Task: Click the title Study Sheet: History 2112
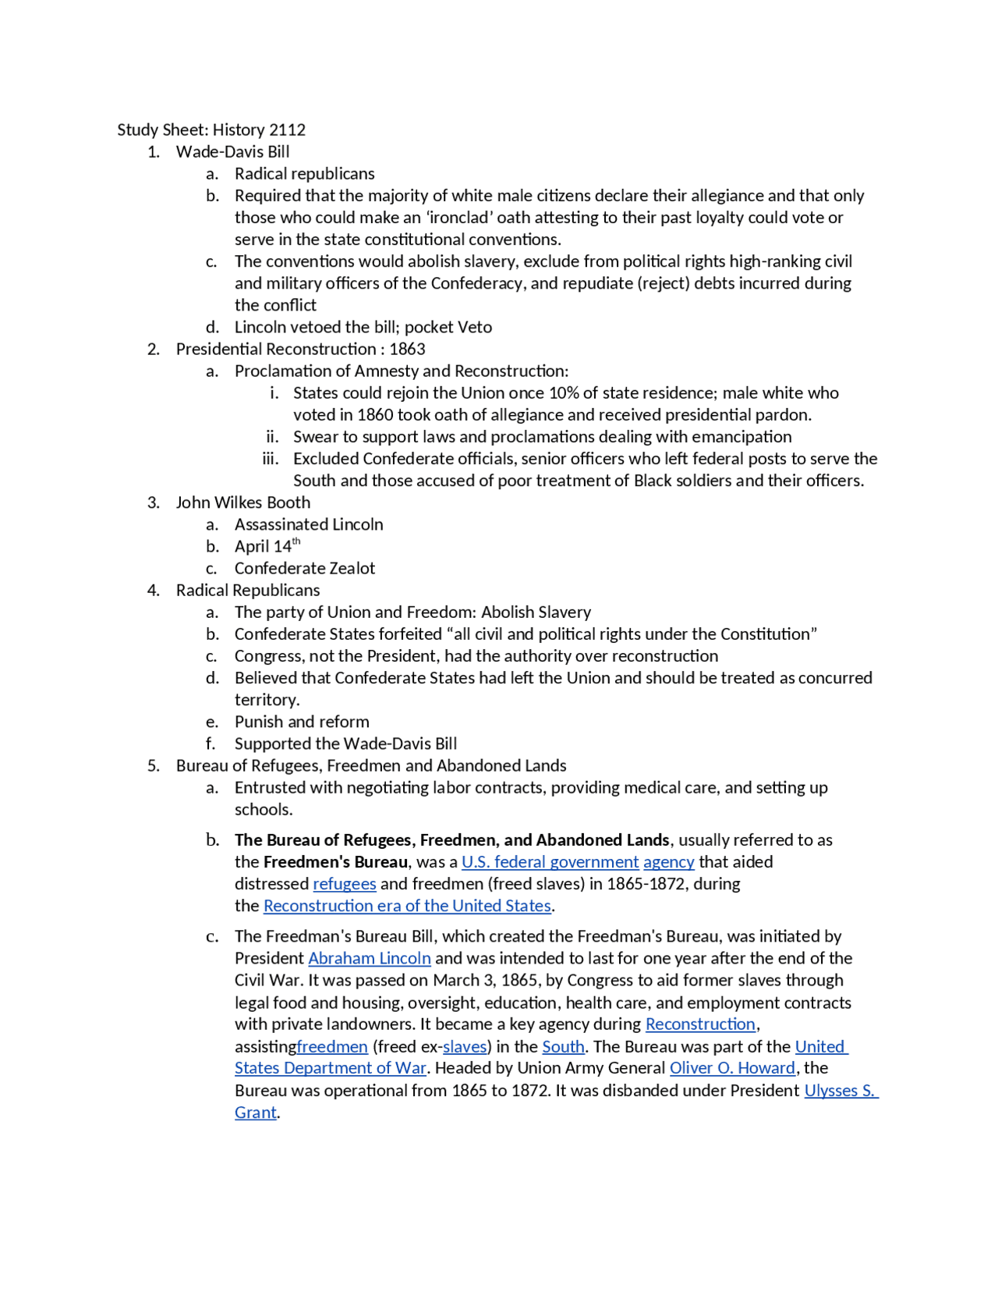pyautogui.click(x=211, y=130)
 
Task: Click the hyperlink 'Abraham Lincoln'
pyautogui.click(x=369, y=958)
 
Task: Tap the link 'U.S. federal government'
pyautogui.click(x=550, y=862)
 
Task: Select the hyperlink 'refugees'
pyautogui.click(x=344, y=884)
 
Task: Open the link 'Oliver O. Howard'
pyautogui.click(x=732, y=1068)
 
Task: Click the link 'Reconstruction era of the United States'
pyautogui.click(x=407, y=906)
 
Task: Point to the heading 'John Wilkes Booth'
pyautogui.click(x=242, y=502)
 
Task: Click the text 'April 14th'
pyautogui.click(x=267, y=546)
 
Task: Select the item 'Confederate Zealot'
pyautogui.click(x=304, y=569)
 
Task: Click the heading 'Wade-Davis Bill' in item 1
pyautogui.click(x=232, y=152)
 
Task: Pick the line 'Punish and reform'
pyautogui.click(x=302, y=722)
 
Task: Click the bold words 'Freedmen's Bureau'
pyautogui.click(x=335, y=862)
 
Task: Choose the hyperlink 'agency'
pyautogui.click(x=668, y=862)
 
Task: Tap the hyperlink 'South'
pyautogui.click(x=563, y=1046)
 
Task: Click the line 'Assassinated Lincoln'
pyautogui.click(x=309, y=524)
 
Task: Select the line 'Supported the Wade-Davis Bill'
pyautogui.click(x=345, y=744)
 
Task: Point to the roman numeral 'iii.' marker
pyautogui.click(x=271, y=459)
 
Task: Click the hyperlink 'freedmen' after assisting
pyautogui.click(x=332, y=1046)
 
